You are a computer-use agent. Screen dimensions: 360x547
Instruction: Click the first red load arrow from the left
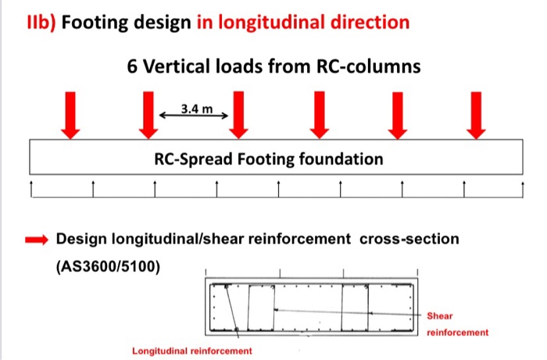(x=70, y=115)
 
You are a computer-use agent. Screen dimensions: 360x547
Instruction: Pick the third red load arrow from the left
(x=238, y=115)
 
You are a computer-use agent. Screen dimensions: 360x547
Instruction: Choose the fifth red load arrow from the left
(x=398, y=115)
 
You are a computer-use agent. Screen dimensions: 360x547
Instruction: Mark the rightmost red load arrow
(x=475, y=115)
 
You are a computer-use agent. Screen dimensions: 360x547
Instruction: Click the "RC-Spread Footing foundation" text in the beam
(x=269, y=160)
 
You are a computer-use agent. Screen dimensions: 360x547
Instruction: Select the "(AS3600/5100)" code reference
(x=107, y=266)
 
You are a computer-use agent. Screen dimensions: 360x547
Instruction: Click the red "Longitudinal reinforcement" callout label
(x=192, y=351)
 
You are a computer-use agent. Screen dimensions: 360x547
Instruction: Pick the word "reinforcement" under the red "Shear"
(x=458, y=332)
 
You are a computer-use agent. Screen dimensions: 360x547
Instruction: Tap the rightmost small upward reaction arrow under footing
(x=521, y=187)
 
